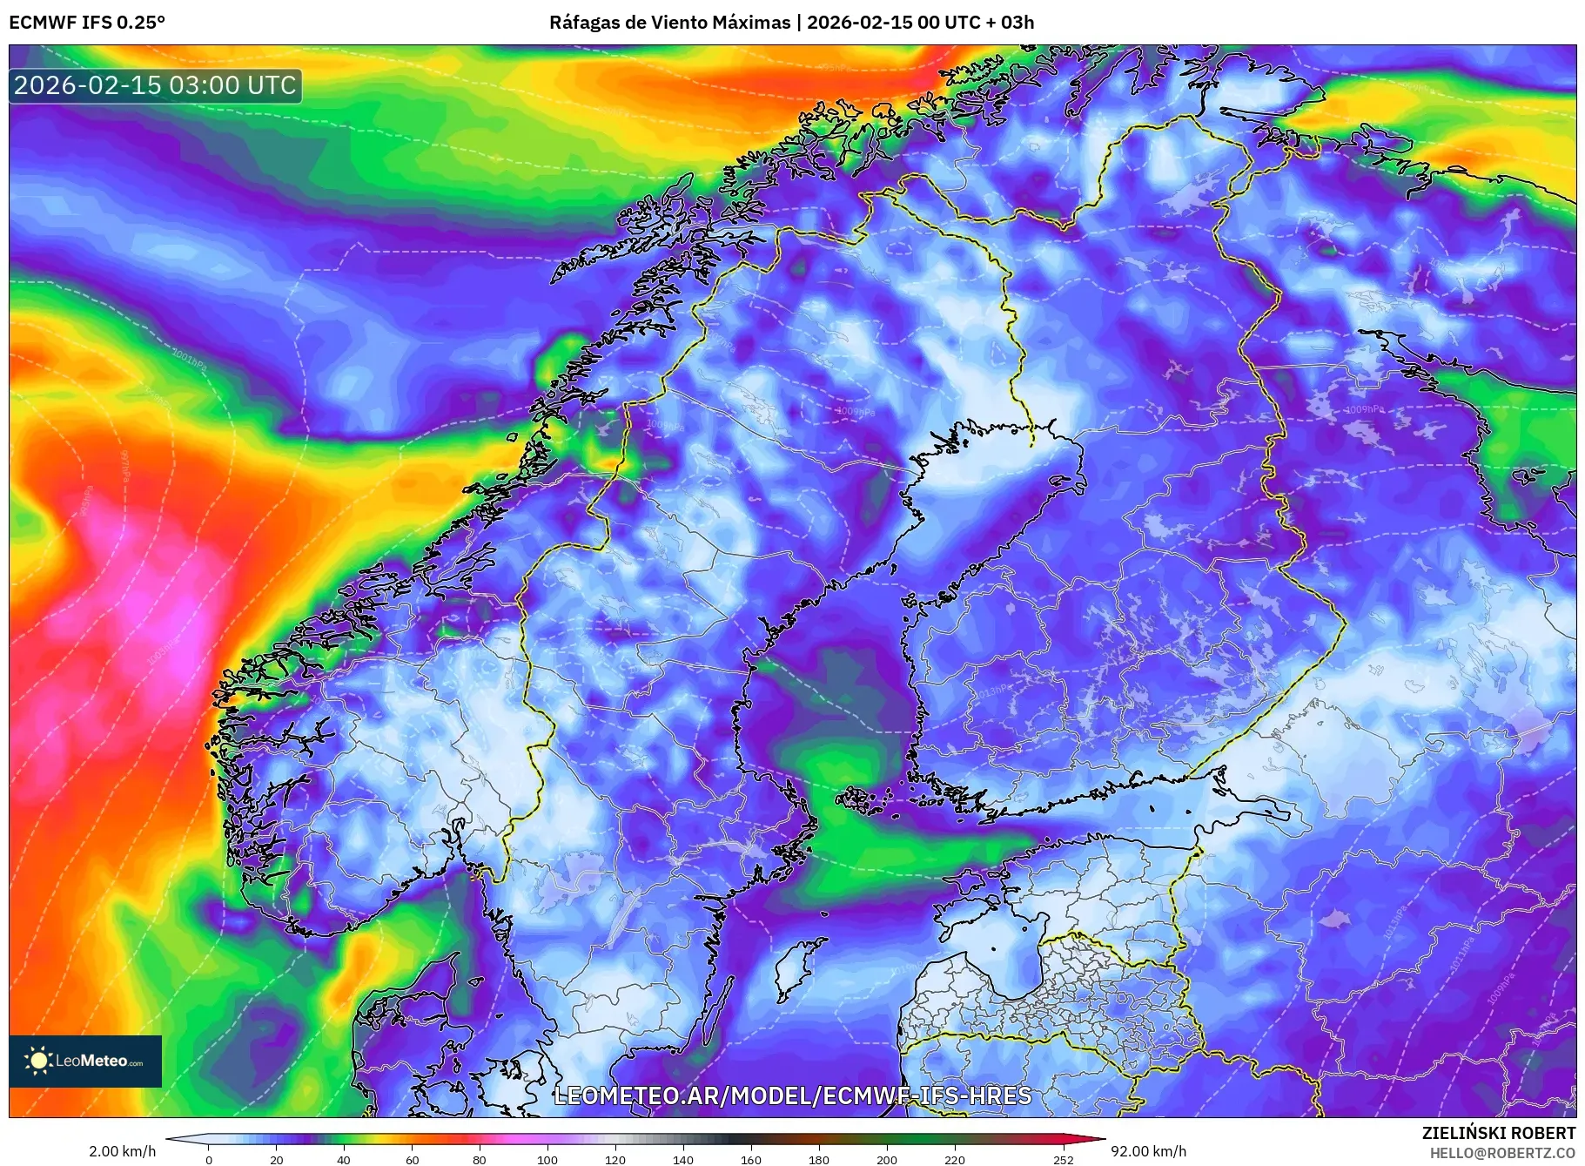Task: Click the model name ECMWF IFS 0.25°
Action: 87,23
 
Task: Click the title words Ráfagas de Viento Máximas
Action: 669,23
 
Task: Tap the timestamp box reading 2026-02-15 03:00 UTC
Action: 155,85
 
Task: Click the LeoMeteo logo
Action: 85,1061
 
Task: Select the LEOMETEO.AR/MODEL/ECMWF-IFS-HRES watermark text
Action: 792,1095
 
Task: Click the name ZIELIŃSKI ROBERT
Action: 1498,1133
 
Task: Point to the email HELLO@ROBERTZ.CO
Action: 1502,1152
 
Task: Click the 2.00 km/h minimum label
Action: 123,1151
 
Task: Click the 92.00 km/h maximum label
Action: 1148,1151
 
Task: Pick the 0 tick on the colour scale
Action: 208,1159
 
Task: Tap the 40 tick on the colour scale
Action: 344,1159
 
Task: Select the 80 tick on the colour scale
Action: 480,1159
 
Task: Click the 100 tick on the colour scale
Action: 547,1159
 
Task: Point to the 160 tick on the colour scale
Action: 751,1159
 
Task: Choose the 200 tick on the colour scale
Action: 887,1159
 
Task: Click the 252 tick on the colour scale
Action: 1063,1159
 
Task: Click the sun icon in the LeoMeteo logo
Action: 38,1061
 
